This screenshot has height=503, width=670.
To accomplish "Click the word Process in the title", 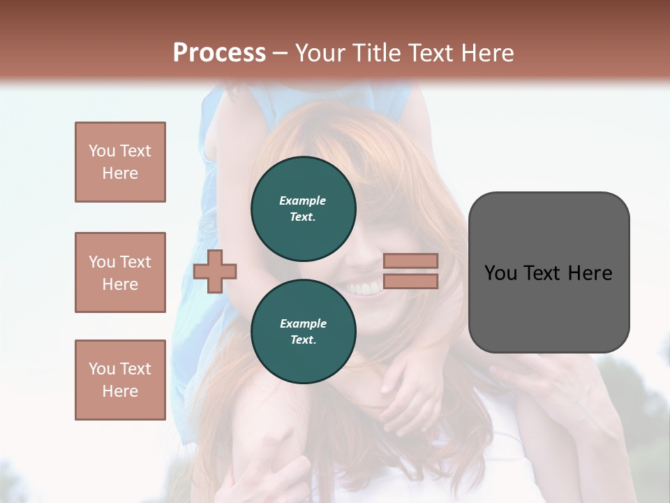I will click(x=219, y=53).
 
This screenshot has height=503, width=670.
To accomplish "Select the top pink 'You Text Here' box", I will click(x=120, y=162).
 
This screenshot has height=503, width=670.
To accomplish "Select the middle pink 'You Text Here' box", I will click(x=120, y=272).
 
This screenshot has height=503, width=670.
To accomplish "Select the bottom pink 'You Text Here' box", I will click(x=120, y=380).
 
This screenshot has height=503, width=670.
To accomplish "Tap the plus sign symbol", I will click(x=215, y=271).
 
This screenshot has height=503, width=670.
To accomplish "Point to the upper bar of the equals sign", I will click(x=410, y=261).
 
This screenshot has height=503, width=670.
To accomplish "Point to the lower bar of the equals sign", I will click(x=410, y=281).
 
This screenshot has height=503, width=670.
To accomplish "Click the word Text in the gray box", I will click(x=545, y=273).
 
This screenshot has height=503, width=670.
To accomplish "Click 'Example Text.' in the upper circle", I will click(x=303, y=208).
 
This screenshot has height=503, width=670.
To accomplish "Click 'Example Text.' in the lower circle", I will click(x=303, y=331).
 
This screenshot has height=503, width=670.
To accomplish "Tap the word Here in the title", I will click(x=487, y=53).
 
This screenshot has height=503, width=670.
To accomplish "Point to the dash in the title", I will click(x=280, y=53).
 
